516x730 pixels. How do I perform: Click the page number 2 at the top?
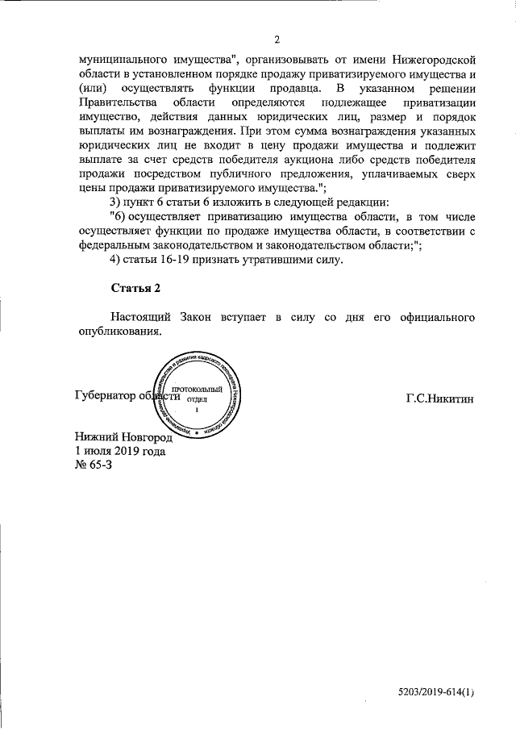tap(276, 40)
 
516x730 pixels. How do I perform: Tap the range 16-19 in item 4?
tap(183, 260)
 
